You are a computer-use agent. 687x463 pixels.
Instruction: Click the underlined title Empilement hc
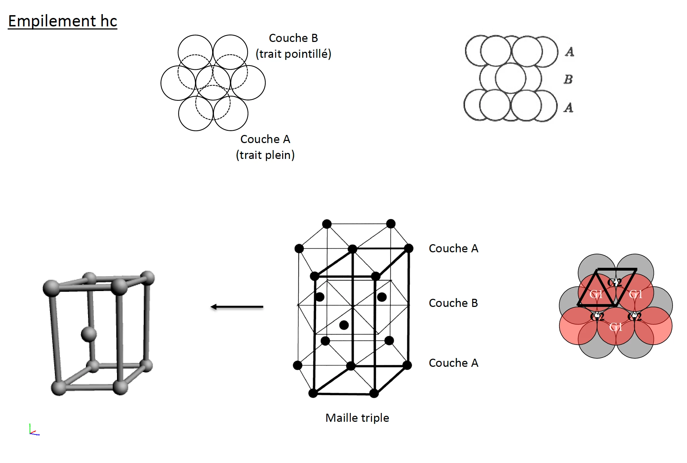(x=62, y=21)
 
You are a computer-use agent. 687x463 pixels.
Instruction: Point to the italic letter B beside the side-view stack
(x=568, y=79)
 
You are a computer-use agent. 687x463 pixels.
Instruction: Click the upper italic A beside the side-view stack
(x=569, y=52)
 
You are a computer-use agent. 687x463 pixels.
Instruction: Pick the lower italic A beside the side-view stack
(x=568, y=107)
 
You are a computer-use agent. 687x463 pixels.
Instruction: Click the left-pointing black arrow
(x=237, y=307)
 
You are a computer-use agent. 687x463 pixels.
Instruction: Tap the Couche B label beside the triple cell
(x=453, y=303)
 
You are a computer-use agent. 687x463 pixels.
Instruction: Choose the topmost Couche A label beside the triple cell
(x=453, y=248)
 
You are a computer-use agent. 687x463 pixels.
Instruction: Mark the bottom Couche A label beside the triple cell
(x=453, y=363)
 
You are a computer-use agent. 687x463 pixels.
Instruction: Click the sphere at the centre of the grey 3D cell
(x=89, y=334)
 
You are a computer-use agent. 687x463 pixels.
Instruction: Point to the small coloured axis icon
(x=34, y=430)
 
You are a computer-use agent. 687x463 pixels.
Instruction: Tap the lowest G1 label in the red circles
(x=615, y=327)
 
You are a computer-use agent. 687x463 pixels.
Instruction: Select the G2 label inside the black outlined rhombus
(x=615, y=282)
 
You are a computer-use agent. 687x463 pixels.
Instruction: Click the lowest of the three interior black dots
(x=344, y=325)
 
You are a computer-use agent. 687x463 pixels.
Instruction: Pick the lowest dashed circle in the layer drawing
(x=213, y=103)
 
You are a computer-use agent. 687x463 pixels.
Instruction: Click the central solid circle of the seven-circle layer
(x=213, y=83)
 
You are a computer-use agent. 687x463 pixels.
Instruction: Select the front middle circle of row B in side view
(x=510, y=78)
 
